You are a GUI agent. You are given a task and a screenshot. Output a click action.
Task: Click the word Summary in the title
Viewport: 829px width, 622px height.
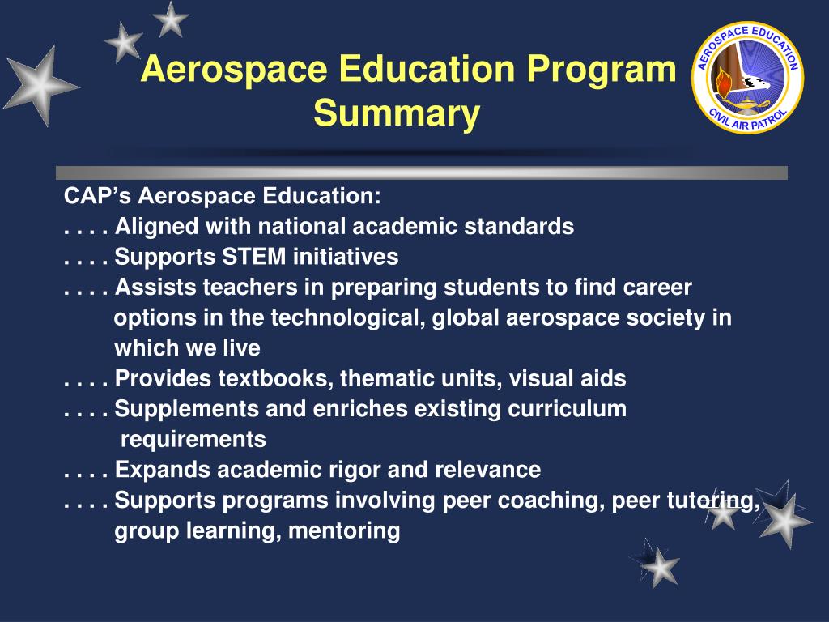click(397, 113)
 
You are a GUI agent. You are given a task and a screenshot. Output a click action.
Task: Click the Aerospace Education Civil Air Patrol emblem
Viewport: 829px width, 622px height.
click(747, 78)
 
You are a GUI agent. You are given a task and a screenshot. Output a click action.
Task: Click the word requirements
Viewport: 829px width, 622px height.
click(193, 440)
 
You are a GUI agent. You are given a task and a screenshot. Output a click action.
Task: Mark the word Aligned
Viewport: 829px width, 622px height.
click(151, 227)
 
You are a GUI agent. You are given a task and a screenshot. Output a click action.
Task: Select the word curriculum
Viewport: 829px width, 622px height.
click(567, 409)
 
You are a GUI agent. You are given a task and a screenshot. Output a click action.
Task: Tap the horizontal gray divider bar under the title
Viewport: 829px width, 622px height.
click(421, 173)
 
